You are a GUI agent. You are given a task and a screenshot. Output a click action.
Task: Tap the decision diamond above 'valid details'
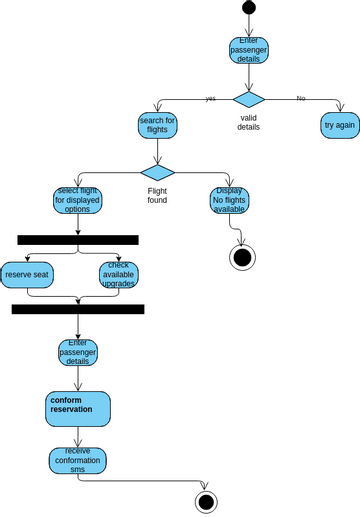[x=248, y=98]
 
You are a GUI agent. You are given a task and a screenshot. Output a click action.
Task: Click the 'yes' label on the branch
[x=210, y=98]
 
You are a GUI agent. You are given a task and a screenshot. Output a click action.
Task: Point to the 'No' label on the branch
[x=301, y=98]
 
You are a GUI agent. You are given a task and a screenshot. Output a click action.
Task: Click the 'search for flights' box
[x=158, y=125]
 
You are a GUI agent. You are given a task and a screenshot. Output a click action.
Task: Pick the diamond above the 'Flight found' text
[x=158, y=172]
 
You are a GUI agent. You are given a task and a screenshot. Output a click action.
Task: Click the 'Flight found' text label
[x=158, y=195]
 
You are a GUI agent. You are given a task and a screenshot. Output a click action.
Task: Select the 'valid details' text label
[x=249, y=122]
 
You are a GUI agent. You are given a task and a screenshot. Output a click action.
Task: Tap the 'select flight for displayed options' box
[x=78, y=201]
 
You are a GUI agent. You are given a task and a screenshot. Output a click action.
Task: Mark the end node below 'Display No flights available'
[x=241, y=257]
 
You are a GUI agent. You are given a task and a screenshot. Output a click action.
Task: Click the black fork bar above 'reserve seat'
[x=77, y=240]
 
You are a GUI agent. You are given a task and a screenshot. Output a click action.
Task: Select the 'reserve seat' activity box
[x=28, y=274]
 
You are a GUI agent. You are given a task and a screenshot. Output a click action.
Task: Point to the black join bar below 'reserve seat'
[x=78, y=310]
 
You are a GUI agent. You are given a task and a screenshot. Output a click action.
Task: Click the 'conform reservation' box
[x=78, y=408]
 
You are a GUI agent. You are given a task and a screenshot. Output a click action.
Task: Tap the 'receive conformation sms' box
[x=78, y=461]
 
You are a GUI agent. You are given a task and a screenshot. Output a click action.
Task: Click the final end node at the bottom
[x=207, y=501]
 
